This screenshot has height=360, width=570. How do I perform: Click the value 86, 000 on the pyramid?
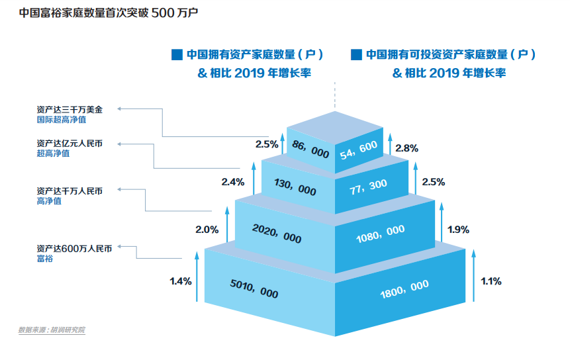point(310,151)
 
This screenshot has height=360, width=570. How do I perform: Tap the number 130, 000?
point(295,188)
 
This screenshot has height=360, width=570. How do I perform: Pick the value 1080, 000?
point(380,233)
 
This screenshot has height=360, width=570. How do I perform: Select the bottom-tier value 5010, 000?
point(254,289)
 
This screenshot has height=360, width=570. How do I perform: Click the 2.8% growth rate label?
point(406,149)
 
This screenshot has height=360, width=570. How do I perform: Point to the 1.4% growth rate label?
point(181,281)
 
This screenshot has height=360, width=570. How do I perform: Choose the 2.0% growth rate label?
point(207,230)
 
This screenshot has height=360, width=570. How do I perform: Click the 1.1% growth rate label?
point(491,281)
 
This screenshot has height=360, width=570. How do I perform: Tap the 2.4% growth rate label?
point(233,181)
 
